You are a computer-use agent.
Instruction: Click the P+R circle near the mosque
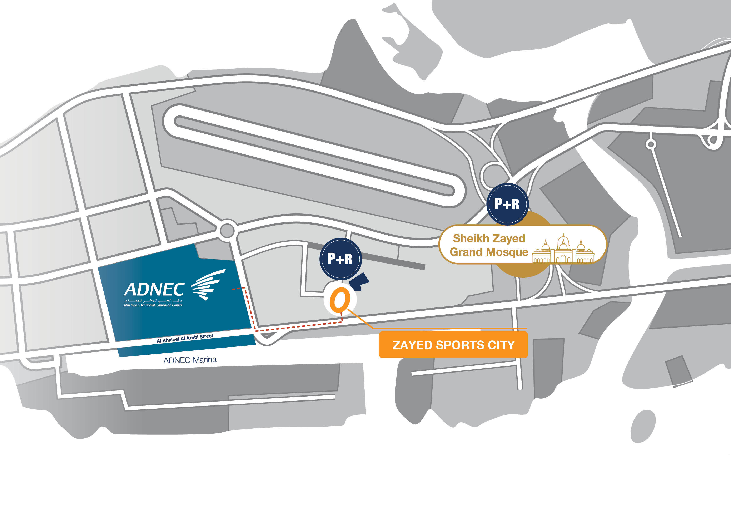507,204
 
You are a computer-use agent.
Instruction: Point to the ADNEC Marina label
190,360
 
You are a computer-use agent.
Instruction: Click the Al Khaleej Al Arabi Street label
185,338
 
